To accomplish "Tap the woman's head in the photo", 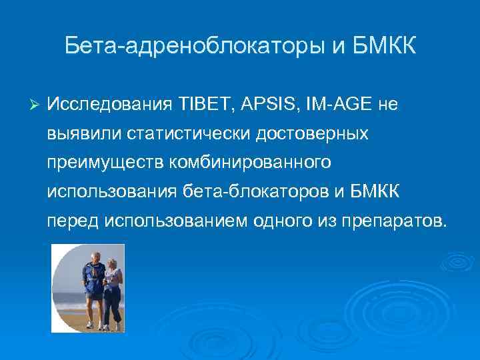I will (112, 264).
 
